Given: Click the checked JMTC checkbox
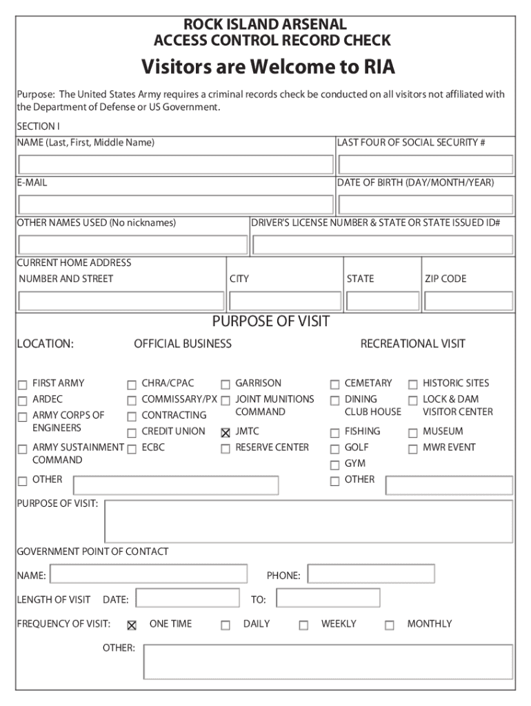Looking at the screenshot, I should (x=226, y=433).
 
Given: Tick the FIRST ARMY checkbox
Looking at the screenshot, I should (x=23, y=385).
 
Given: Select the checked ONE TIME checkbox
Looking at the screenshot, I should (x=132, y=625).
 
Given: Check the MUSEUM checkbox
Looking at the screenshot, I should (x=413, y=433).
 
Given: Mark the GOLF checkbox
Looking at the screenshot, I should (x=334, y=449).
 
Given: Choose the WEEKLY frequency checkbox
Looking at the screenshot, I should (x=303, y=625).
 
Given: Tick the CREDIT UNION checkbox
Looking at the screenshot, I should (x=132, y=433).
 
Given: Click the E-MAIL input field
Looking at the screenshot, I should (x=176, y=205).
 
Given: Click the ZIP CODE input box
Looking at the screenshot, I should (x=468, y=301).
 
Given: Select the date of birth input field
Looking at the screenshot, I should (x=425, y=205).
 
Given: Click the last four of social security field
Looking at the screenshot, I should (x=425, y=164).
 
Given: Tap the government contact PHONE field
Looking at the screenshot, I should (x=371, y=574).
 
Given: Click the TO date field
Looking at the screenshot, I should (x=328, y=598).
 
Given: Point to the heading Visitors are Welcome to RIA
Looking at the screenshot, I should (x=268, y=68).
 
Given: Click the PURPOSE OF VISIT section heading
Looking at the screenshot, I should (x=271, y=322).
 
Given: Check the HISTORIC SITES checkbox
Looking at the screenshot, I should (x=413, y=385).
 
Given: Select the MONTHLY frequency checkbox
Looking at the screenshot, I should (x=390, y=625).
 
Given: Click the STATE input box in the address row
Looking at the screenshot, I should (x=383, y=301).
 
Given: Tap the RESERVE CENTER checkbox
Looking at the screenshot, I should (x=226, y=449).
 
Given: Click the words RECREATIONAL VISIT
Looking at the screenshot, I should (x=412, y=343).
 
